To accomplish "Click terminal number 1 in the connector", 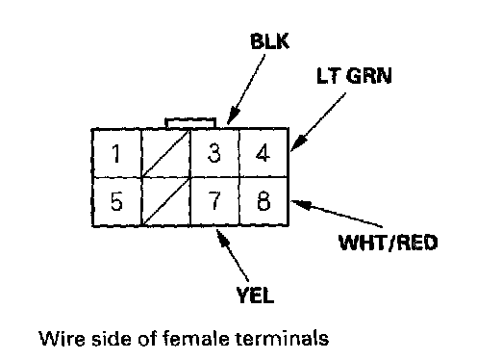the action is tap(116, 153).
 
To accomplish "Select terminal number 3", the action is tap(214, 153).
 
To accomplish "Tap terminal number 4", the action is tap(263, 153).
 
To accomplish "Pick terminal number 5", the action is tap(116, 201).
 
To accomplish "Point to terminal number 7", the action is tap(214, 201).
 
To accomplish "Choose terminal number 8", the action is tap(264, 201).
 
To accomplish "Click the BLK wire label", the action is tap(269, 41).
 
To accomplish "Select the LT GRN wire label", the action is tap(354, 76).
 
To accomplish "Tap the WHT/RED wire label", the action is tap(389, 243).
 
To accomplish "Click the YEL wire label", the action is tap(255, 296).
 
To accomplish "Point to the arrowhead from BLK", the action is tap(233, 116).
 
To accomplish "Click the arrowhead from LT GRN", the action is tap(298, 142).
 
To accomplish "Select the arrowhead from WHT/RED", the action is tap(301, 204).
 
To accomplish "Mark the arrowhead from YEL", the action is tap(223, 238).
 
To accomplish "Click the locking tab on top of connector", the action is tap(190, 123).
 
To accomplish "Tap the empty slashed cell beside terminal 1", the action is tap(166, 153).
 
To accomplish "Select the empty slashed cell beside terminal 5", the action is tap(166, 201).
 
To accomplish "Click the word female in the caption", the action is tap(195, 338).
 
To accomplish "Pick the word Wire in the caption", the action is tap(63, 338).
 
